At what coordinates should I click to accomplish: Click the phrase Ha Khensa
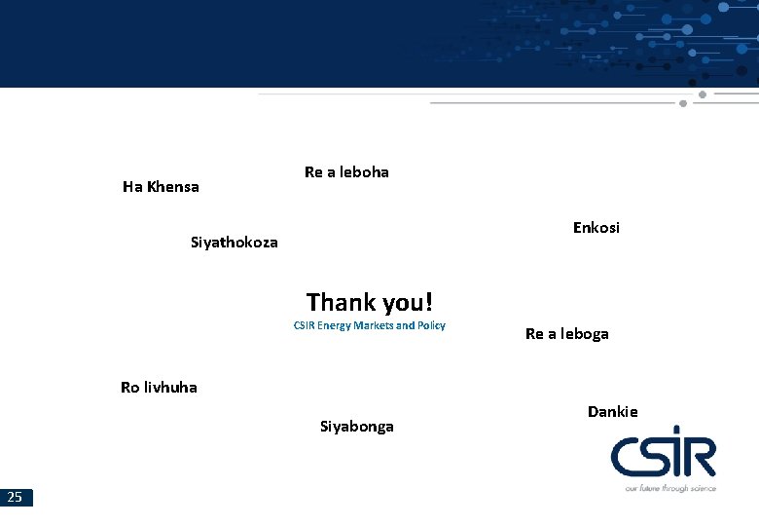161,187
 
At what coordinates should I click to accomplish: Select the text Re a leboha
346,172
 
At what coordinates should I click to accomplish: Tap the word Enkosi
596,228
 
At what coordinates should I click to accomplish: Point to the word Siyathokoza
234,243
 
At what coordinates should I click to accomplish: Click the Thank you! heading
369,302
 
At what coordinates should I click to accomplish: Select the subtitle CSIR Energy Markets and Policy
369,325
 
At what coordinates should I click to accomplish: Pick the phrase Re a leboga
566,334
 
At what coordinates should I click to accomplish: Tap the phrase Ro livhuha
159,388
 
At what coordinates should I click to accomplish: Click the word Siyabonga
356,427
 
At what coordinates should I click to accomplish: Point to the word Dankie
612,412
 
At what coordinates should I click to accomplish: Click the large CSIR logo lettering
663,457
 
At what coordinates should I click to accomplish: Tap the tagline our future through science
669,488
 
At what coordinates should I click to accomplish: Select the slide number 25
15,498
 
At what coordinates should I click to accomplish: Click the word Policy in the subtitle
431,325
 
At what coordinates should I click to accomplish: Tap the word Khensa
173,187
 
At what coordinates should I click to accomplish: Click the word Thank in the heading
337,302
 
